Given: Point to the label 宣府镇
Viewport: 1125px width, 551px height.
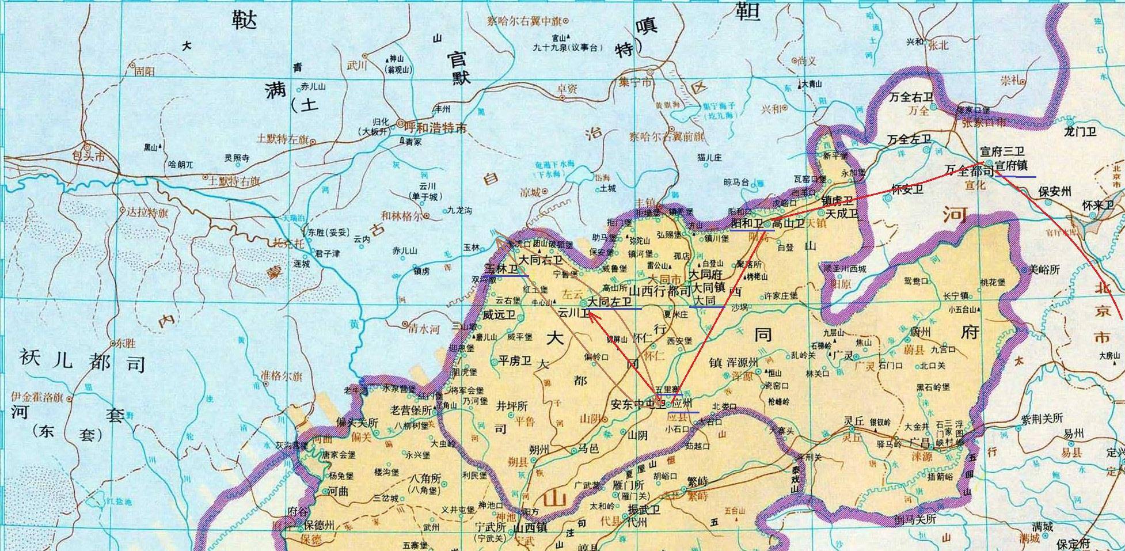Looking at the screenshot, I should (x=1011, y=166).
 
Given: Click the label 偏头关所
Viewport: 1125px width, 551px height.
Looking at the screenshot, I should (x=358, y=423).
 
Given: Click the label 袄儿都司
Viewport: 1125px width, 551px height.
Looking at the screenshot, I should (x=82, y=362).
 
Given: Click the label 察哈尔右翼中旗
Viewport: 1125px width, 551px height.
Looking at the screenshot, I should (x=523, y=21).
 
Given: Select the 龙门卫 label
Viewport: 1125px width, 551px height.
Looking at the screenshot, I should (x=1081, y=132).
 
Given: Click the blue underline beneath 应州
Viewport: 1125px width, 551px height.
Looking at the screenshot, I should (x=683, y=412).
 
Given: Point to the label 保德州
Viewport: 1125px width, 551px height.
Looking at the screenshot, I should (x=319, y=525).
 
